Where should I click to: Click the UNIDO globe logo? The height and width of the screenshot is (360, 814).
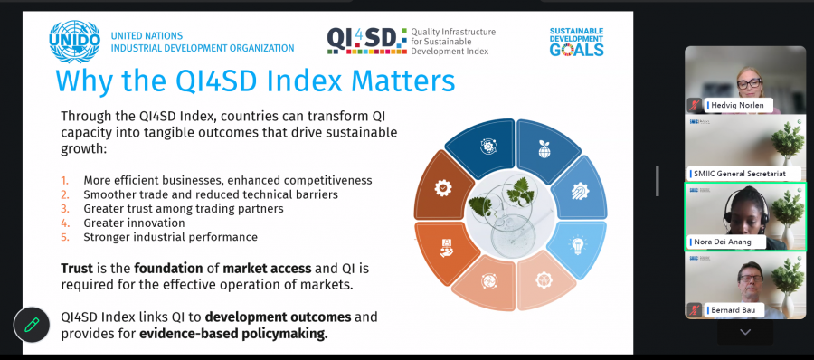75,42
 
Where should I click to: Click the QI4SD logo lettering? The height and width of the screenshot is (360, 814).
366,41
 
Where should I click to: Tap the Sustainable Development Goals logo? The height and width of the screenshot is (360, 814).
577,42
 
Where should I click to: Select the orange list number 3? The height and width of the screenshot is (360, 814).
65,209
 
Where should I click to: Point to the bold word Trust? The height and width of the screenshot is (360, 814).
77,269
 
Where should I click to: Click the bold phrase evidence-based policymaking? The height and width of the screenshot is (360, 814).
233,334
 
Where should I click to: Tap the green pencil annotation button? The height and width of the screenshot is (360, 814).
32,326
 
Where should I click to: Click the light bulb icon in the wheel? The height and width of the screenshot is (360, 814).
577,243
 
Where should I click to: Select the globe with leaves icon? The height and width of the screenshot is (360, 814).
544,148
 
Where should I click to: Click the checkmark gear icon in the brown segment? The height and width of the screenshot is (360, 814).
442,187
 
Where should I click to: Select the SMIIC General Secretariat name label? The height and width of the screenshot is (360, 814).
739,174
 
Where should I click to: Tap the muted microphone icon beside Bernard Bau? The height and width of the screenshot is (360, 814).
694,310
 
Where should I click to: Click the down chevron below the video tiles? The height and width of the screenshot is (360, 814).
745,332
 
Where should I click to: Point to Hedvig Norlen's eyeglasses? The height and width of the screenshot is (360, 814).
749,82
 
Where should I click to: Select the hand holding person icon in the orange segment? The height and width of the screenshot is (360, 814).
446,248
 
